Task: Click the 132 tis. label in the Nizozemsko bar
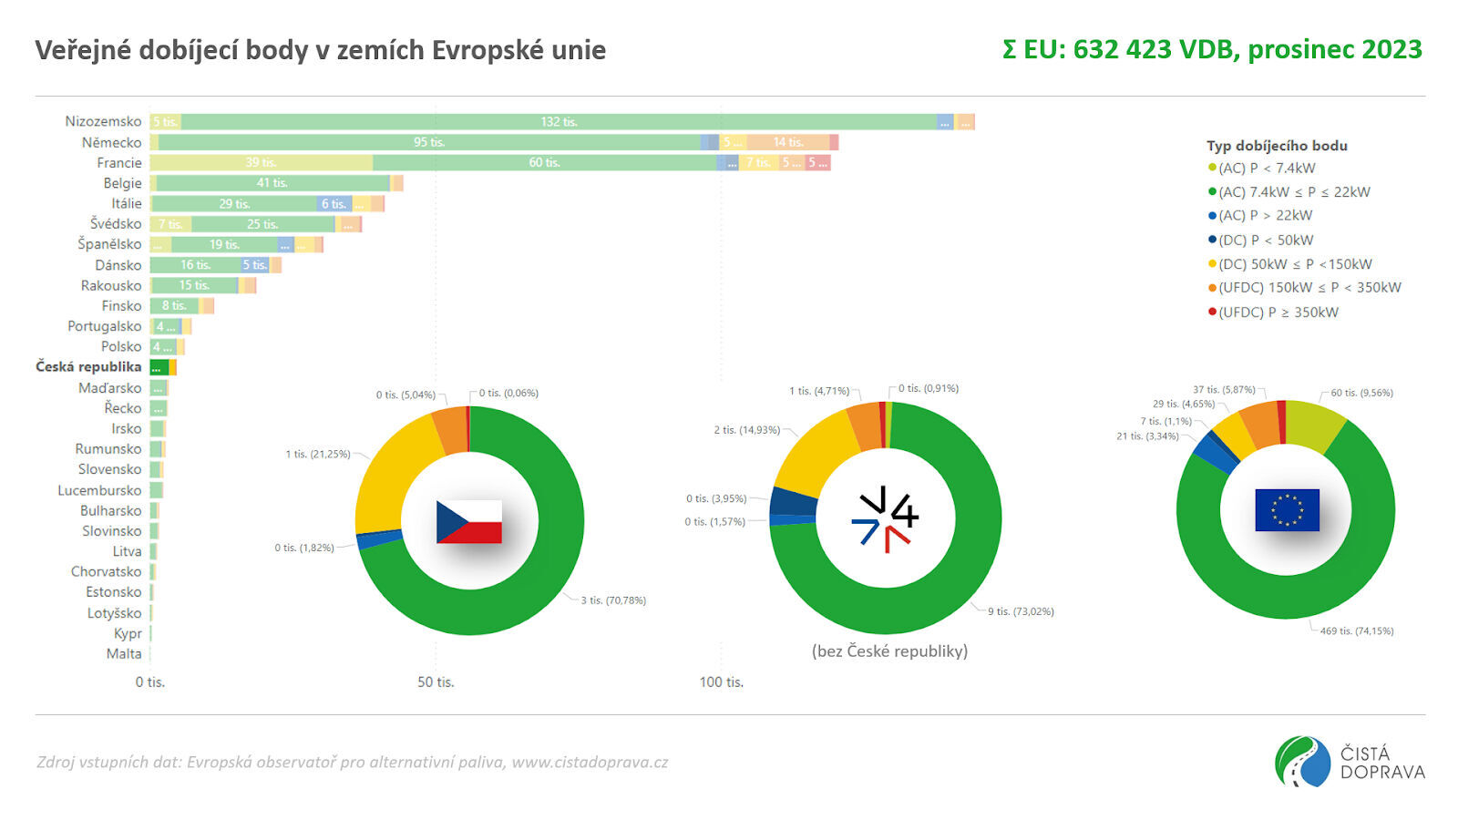tap(559, 122)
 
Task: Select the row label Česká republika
tap(88, 367)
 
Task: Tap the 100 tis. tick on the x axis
tap(722, 682)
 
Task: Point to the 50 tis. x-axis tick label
tap(436, 682)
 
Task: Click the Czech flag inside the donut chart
tap(469, 522)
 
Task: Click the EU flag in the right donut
tap(1287, 510)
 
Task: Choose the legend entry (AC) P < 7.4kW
tap(1267, 169)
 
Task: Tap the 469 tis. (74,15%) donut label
tap(1357, 631)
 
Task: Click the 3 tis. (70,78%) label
tap(613, 601)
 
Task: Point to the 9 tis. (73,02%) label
tap(1021, 612)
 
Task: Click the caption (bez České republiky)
tap(889, 651)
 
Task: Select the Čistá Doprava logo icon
tap(1302, 762)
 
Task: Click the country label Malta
tap(124, 654)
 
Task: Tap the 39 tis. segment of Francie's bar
tap(261, 163)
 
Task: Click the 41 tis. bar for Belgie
tap(272, 183)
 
